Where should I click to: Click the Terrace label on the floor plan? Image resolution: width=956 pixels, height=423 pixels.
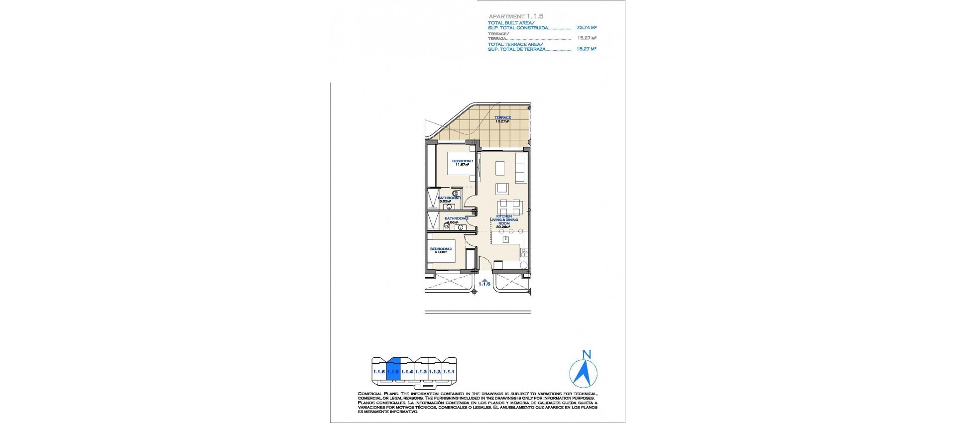coord(502,117)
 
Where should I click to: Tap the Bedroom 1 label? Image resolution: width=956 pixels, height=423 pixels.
coord(462,161)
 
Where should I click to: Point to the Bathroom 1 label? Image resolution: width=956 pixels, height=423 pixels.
coord(449,198)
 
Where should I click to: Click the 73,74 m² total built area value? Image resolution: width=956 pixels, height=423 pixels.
coord(586,28)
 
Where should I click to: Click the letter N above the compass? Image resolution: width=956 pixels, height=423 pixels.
coord(587,355)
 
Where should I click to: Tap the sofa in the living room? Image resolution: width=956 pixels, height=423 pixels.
coord(520,168)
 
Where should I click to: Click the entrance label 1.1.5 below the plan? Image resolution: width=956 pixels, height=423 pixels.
coord(484,284)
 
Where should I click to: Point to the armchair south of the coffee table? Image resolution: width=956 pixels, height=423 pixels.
coord(502,189)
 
